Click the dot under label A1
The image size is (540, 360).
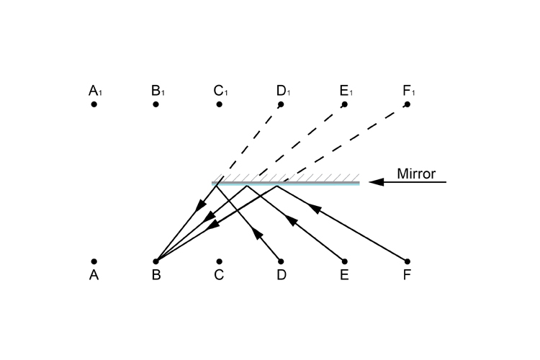click(94, 104)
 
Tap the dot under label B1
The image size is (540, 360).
click(156, 104)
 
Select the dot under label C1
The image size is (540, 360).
click(219, 104)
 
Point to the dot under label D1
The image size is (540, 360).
click(281, 104)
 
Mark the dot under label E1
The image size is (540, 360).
click(344, 104)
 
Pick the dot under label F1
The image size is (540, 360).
click(407, 104)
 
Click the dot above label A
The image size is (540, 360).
click(94, 261)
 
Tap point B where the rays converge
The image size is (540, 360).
click(156, 261)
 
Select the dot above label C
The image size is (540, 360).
click(219, 261)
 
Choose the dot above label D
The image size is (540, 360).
click(281, 261)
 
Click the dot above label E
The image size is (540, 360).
click(344, 261)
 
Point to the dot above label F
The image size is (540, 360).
click(407, 261)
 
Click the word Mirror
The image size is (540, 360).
click(416, 174)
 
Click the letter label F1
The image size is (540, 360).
click(410, 91)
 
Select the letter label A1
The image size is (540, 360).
click(96, 91)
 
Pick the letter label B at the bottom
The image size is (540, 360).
click(156, 275)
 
